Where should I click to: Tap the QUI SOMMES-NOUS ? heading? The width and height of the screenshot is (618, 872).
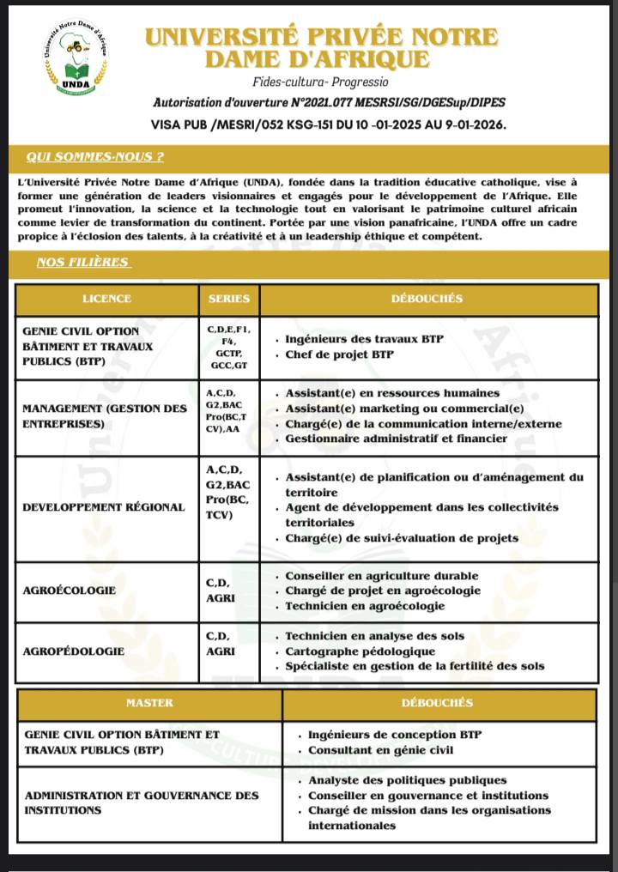(95, 157)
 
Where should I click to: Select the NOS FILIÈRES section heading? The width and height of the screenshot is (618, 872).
(82, 263)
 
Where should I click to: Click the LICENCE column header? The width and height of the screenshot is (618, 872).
(107, 299)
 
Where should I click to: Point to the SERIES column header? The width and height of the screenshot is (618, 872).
(229, 299)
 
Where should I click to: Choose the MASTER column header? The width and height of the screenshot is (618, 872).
(149, 702)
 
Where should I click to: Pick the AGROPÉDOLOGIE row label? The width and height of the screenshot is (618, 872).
(73, 651)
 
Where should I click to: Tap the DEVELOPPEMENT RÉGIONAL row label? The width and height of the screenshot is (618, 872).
(103, 506)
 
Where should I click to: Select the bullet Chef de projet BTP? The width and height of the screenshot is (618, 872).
(338, 354)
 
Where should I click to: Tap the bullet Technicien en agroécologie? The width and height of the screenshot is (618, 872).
(365, 606)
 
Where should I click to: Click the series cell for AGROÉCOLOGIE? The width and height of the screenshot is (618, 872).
(219, 590)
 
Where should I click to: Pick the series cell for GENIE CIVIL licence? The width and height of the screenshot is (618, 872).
(228, 347)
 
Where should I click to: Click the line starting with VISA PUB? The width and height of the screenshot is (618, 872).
(328, 124)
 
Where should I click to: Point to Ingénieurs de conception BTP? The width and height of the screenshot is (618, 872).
(395, 735)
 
